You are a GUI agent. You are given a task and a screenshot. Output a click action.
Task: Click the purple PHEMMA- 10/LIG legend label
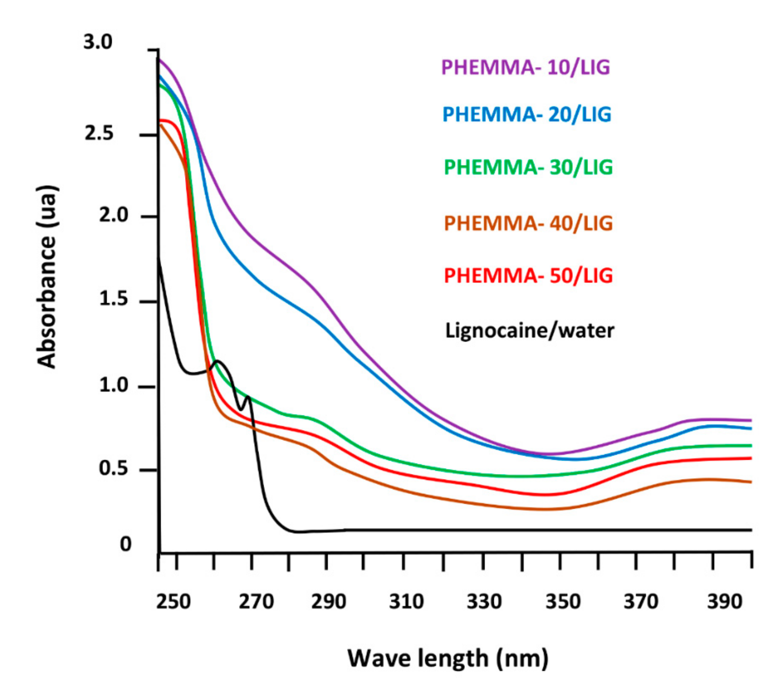coord(525,68)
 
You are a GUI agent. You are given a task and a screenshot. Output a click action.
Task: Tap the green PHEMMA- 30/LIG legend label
coord(528,167)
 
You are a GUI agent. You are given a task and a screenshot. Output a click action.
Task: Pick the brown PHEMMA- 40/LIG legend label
coord(528,224)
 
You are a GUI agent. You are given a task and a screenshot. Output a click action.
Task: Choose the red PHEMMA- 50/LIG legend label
coord(528,276)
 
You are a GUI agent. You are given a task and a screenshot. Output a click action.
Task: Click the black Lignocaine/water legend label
coord(530,331)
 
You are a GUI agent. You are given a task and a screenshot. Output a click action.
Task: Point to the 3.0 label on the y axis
coord(98,42)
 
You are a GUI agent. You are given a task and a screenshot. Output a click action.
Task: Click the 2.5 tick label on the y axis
coord(98,134)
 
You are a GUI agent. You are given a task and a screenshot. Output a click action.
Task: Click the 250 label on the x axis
coord(173,602)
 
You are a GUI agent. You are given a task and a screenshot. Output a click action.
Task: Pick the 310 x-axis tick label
coord(406,602)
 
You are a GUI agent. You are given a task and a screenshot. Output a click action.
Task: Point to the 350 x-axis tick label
coord(563,602)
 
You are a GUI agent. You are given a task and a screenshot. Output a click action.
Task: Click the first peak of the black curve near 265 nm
coord(218,361)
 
